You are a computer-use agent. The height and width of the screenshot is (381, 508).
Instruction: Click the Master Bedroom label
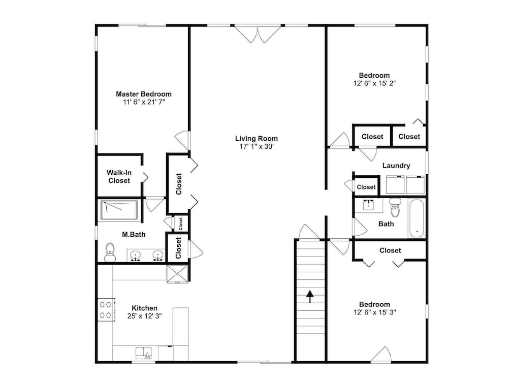(144, 94)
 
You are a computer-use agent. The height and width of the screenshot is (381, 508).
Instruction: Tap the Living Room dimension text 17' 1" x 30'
(257, 146)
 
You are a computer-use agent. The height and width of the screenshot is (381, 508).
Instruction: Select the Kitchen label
(144, 308)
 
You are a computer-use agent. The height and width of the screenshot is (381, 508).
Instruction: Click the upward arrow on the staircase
(310, 296)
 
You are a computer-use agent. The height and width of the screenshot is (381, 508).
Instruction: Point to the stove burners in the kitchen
(106, 309)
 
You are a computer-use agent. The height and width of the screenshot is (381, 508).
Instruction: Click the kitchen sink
(144, 353)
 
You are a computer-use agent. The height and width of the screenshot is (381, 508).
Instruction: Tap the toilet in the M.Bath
(110, 252)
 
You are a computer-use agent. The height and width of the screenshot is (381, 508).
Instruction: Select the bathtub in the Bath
(417, 218)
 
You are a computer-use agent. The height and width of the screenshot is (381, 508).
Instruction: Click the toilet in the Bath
(395, 207)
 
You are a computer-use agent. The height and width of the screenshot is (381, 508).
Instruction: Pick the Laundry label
(396, 166)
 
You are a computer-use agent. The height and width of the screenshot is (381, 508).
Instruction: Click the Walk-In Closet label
(119, 177)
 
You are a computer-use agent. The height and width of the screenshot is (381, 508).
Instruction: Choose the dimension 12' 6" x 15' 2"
(374, 83)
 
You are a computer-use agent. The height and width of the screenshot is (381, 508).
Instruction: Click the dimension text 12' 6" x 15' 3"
(374, 312)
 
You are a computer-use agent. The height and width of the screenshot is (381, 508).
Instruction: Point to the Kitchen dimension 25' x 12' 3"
(144, 316)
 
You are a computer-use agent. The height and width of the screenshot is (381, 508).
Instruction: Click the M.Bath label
(134, 234)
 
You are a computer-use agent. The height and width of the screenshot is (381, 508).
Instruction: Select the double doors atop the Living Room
(258, 34)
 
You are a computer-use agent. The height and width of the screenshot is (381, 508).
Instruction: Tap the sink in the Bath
(369, 205)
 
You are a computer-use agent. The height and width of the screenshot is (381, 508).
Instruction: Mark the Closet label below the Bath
(390, 250)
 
